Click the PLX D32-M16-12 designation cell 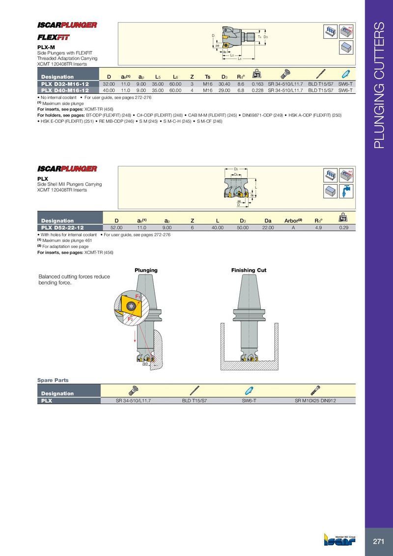[x=65, y=84]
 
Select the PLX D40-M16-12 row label [x=65, y=90]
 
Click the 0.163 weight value [x=257, y=84]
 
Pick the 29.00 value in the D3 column [x=225, y=90]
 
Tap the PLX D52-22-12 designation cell [x=62, y=227]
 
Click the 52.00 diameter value [x=116, y=227]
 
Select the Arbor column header [x=293, y=221]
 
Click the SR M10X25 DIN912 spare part [x=315, y=401]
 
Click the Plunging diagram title [x=146, y=270]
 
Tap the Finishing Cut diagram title [x=249, y=270]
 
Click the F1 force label [x=138, y=297]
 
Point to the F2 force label [x=130, y=319]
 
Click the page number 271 [x=378, y=542]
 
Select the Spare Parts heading [x=53, y=380]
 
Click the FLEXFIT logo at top [x=54, y=37]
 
